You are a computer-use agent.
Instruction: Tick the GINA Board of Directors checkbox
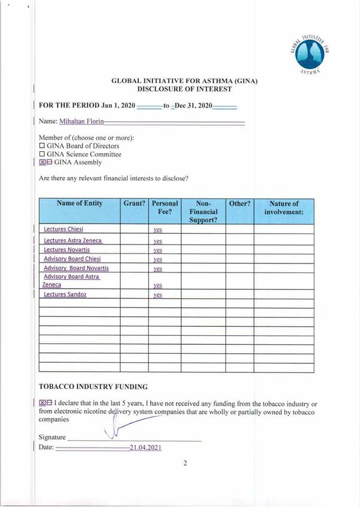coord(42,146)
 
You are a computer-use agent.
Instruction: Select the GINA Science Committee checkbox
coord(42,154)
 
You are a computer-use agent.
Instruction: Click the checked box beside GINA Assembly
coord(42,162)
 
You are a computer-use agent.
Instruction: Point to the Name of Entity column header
coord(80,204)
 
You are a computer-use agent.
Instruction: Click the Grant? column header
coord(135,204)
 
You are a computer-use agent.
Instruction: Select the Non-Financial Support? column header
coord(203,212)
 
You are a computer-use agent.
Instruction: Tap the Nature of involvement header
coord(284,207)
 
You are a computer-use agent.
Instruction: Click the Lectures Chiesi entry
coord(63,229)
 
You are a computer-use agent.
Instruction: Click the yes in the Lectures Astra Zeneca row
coord(158,241)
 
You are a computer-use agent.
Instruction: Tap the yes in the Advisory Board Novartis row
coord(158,268)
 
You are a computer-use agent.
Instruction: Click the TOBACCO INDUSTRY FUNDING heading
coord(93,387)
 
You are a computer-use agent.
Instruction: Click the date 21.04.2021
coord(145,448)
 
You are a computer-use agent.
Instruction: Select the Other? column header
coord(240,204)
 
